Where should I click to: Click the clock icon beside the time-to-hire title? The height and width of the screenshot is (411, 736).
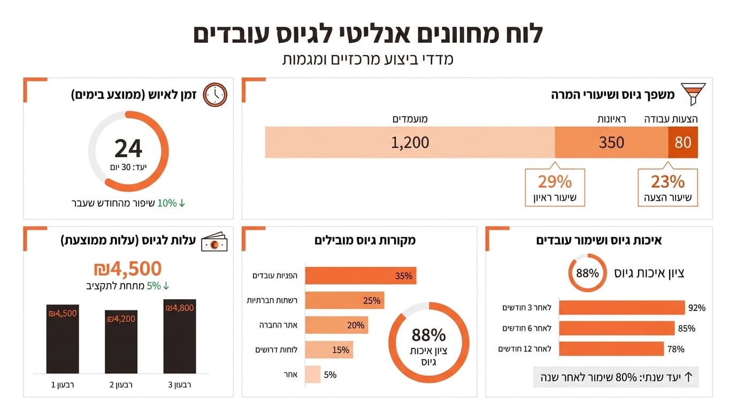(x=216, y=95)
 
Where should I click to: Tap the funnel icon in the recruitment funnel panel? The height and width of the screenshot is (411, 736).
(x=693, y=94)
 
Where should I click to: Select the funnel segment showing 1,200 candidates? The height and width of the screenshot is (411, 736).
(x=410, y=142)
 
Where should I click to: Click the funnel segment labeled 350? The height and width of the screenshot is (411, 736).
(x=611, y=142)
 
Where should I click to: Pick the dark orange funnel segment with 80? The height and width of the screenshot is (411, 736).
(x=683, y=142)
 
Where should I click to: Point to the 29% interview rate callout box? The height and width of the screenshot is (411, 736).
(x=555, y=187)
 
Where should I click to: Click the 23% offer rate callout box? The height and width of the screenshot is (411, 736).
(x=668, y=187)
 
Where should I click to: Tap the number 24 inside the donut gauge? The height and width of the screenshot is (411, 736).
(x=128, y=148)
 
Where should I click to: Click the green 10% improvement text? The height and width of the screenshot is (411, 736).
(x=166, y=203)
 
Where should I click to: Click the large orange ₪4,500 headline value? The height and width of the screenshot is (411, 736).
(x=127, y=268)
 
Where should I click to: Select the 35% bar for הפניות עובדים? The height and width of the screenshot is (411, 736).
(x=360, y=276)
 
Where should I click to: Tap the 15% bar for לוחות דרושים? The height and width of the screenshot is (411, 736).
(x=328, y=350)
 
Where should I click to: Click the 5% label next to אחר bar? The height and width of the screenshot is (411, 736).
(x=330, y=375)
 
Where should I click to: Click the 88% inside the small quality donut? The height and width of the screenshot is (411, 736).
(x=587, y=273)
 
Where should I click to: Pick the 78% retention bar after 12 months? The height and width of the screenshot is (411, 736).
(x=611, y=349)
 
